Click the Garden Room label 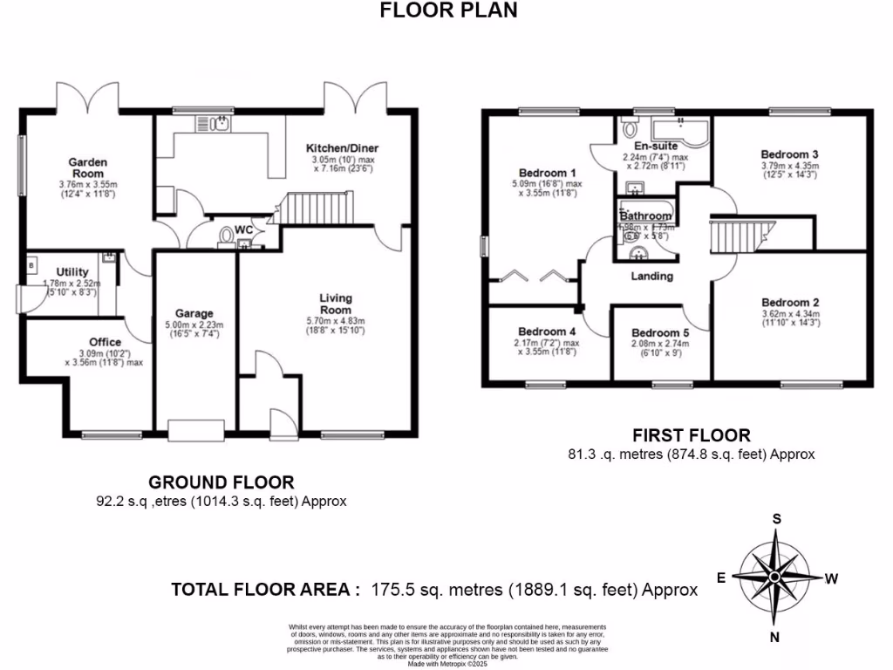tap(89, 167)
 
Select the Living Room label tap(335, 304)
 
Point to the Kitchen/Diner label tap(344, 147)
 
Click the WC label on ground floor tap(244, 229)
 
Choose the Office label tap(105, 341)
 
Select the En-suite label tap(655, 146)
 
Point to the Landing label tap(652, 276)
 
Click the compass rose tap(774, 578)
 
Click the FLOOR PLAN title tap(449, 10)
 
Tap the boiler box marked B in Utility tap(32, 263)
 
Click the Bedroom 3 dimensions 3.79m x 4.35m tap(789, 165)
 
